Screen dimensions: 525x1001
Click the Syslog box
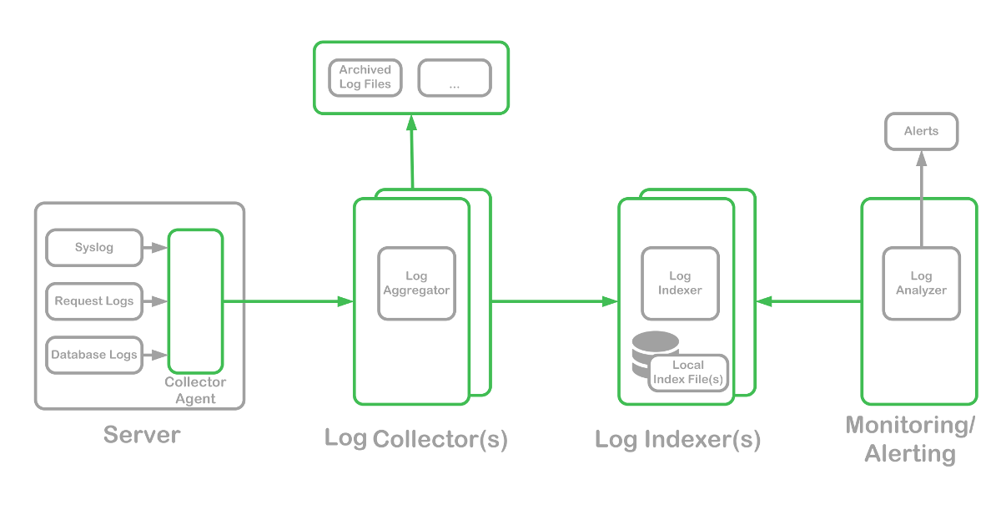tap(94, 248)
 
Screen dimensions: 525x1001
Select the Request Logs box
tap(94, 301)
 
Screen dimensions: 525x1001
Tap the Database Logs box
tap(94, 355)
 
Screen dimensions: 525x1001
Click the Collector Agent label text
tap(195, 391)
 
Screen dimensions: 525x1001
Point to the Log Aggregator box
tap(416, 284)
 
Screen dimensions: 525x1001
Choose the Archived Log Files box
tap(365, 78)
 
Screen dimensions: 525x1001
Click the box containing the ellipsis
tap(455, 78)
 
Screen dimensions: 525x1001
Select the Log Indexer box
tap(680, 284)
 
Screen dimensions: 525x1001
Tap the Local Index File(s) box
tap(688, 372)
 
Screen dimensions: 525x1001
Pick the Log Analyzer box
tap(921, 284)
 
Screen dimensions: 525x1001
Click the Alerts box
tap(921, 132)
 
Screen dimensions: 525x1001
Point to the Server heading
tap(142, 435)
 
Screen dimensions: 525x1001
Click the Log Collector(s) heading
tap(416, 439)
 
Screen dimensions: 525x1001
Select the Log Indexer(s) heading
tap(678, 440)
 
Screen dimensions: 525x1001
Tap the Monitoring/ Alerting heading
tap(910, 439)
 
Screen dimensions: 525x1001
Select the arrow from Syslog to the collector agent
tap(155, 248)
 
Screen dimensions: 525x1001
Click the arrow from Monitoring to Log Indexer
tap(809, 301)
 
